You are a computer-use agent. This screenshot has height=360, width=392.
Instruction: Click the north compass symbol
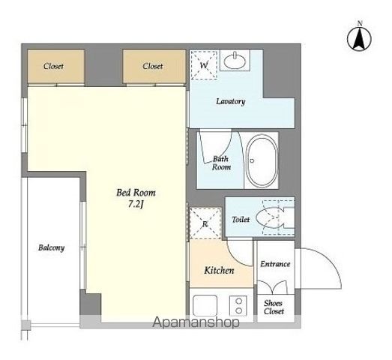coord(359,37)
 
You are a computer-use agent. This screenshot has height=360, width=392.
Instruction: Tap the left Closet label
coord(53,66)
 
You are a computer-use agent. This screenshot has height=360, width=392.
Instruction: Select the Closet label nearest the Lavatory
coord(153,66)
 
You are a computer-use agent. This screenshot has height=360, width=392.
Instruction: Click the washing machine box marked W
coord(204,65)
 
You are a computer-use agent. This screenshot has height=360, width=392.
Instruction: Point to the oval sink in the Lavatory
coord(235,61)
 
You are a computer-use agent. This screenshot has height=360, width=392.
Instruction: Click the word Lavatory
coord(231,101)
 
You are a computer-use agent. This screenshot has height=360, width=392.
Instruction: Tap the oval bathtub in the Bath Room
coord(262,160)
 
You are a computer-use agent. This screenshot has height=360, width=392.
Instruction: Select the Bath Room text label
coord(221,163)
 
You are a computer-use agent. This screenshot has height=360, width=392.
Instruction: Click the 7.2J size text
coord(136,205)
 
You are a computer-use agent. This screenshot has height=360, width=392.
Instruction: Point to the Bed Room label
coord(136,193)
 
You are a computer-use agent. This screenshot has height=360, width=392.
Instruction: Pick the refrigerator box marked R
coord(205,223)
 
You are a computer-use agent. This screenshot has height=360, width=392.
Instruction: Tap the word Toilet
coord(241,220)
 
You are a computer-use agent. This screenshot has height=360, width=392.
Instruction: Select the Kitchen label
coord(219,271)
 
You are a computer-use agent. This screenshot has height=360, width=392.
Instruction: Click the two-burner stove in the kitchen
coord(238,305)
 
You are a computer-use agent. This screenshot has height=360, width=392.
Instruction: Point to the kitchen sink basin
coord(205,305)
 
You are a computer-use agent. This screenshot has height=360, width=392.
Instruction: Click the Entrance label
coord(275,264)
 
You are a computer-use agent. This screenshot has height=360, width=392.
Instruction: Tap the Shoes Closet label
coord(274,307)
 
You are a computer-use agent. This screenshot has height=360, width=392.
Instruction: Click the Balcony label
coord(51,247)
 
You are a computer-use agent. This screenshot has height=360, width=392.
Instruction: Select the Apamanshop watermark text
coord(196,322)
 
